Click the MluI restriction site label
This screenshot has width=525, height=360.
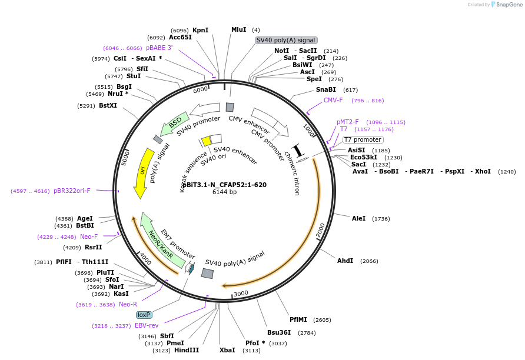point(238,30)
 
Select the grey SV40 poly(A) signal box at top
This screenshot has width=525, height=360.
point(286,40)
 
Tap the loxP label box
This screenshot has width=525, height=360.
point(144,315)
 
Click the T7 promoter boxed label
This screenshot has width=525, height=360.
point(363,139)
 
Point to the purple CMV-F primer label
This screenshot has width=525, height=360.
point(333,100)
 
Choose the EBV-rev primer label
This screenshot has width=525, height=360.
point(147,325)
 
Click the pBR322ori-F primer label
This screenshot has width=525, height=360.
point(72,191)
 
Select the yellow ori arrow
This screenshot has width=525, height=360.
point(143,172)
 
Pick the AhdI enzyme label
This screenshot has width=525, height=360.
point(345,261)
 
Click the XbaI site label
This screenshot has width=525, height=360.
point(227,350)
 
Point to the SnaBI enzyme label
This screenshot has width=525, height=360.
point(326,89)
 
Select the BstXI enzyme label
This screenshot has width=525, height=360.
point(108,106)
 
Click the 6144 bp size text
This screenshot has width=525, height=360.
point(224,192)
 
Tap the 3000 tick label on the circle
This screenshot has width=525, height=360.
point(241,294)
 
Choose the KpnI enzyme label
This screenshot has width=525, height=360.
point(200,30)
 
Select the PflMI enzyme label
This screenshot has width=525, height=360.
point(298,319)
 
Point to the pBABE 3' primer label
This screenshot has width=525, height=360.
point(160,48)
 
